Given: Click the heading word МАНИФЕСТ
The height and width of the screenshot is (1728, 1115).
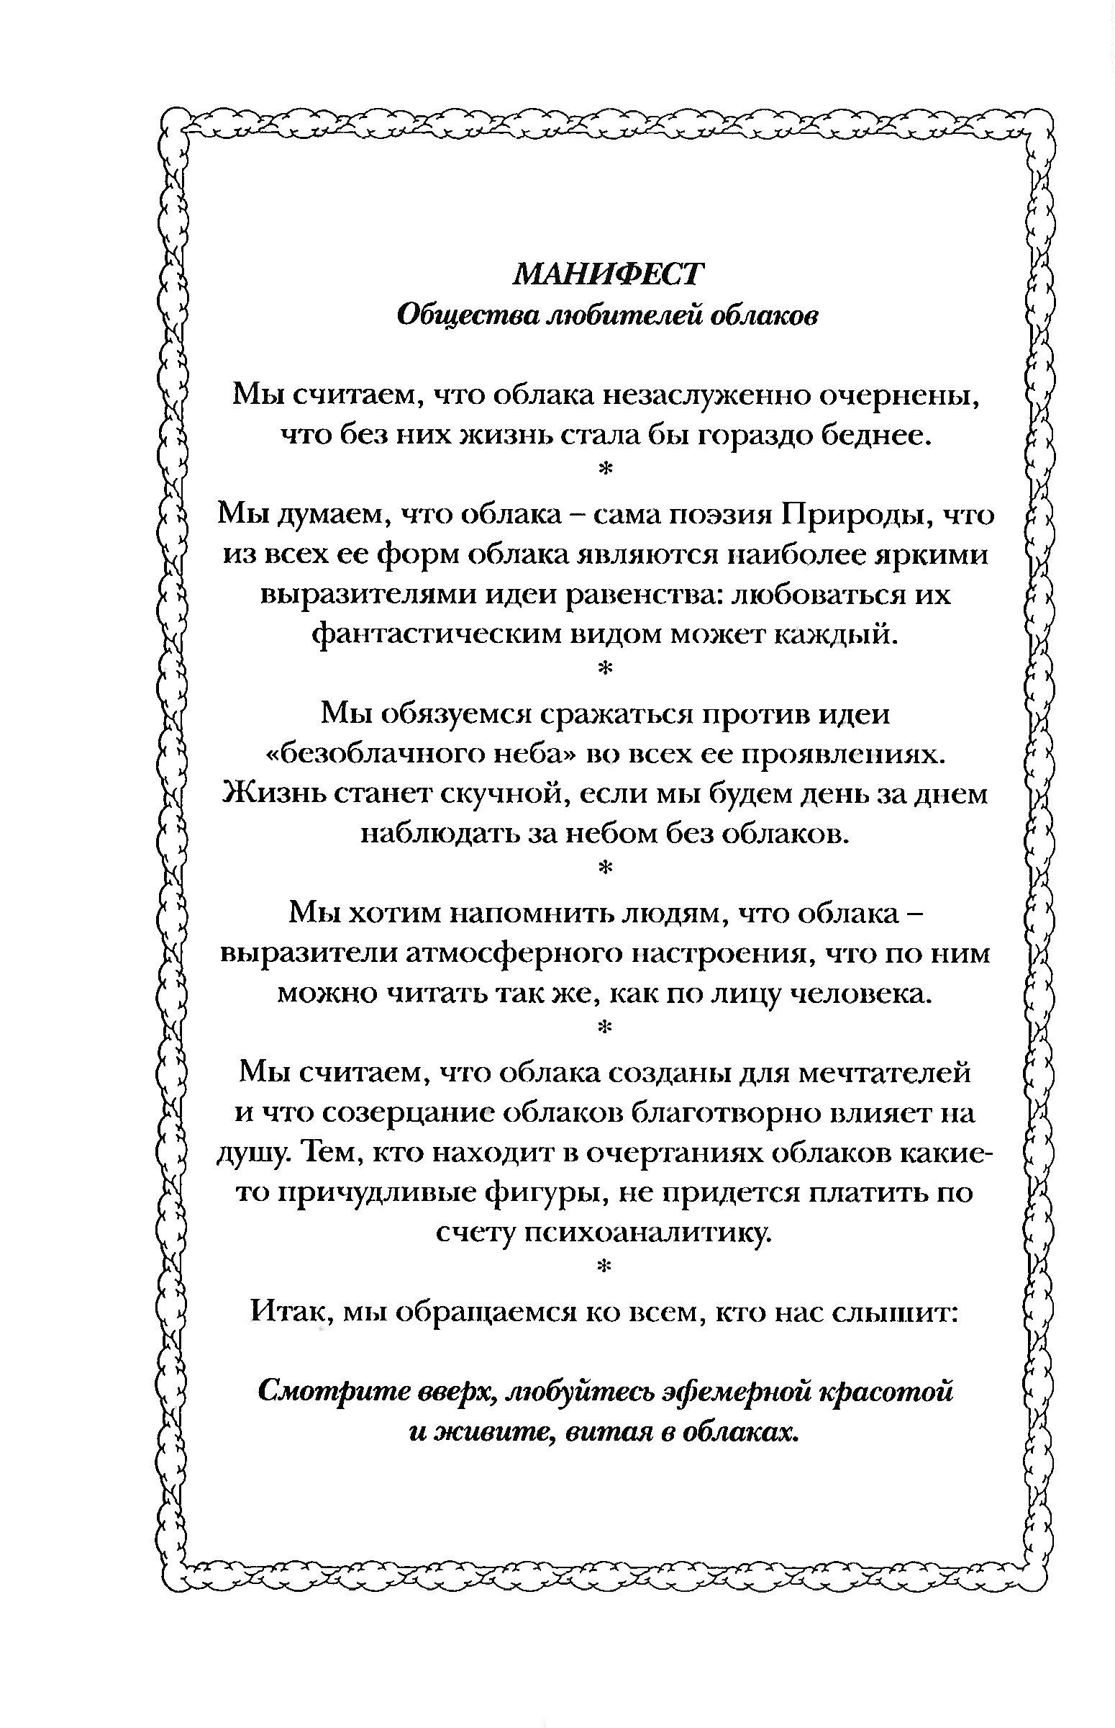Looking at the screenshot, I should click(x=606, y=274).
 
